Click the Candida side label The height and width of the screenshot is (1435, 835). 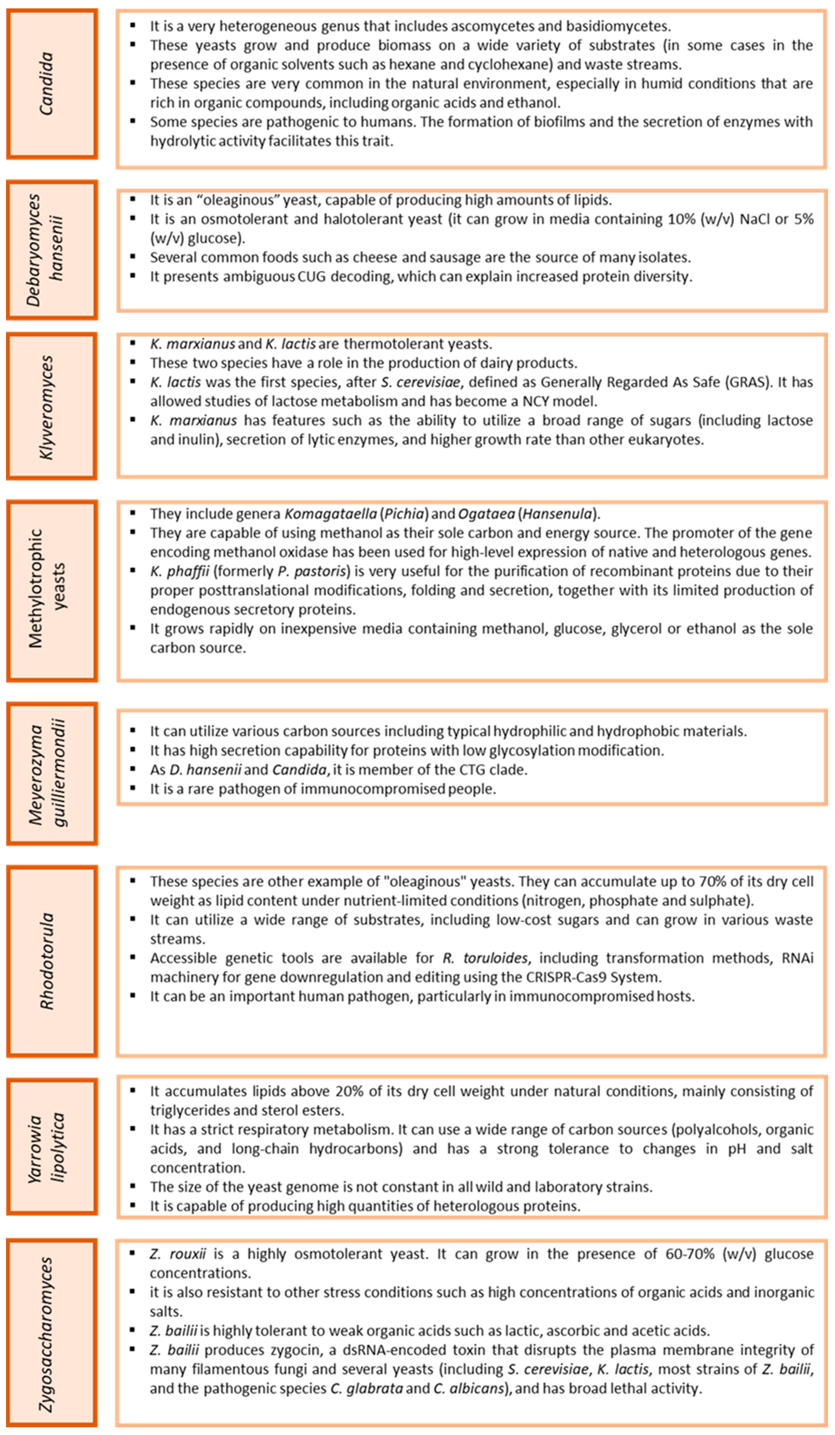point(47,84)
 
